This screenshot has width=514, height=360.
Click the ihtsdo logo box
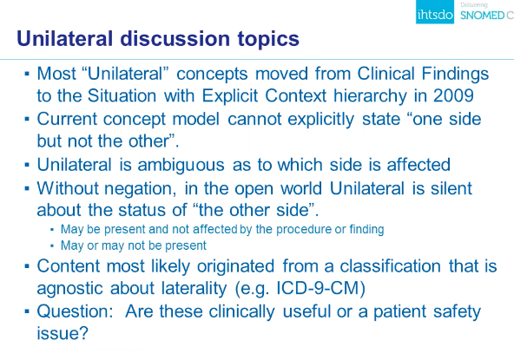click(x=435, y=12)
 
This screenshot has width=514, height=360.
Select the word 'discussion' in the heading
click(x=175, y=38)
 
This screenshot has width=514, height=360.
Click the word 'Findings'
click(x=455, y=74)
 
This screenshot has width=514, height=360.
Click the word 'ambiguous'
click(x=181, y=165)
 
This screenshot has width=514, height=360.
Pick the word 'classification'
click(x=390, y=265)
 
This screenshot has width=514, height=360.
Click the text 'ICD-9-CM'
click(x=318, y=288)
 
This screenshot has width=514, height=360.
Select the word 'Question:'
click(x=75, y=311)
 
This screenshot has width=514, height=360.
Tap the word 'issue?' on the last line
click(x=63, y=333)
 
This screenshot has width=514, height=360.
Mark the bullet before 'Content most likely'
click(x=27, y=266)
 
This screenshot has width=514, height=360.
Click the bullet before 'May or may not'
click(x=52, y=245)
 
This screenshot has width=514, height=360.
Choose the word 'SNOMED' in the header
click(x=482, y=16)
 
